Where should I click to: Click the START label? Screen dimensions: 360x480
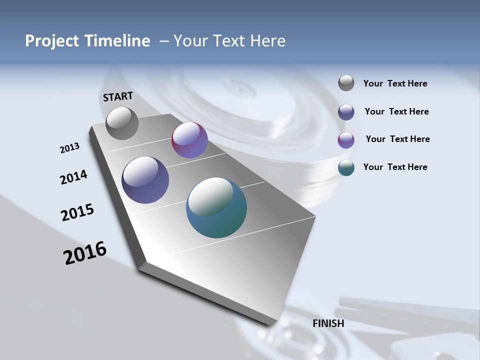click(x=118, y=96)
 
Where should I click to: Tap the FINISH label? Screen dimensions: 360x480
click(x=328, y=323)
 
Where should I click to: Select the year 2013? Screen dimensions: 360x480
click(x=70, y=148)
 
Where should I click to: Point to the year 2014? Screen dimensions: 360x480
click(x=73, y=177)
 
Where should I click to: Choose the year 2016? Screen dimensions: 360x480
click(x=85, y=253)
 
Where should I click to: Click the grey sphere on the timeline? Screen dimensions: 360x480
click(x=122, y=123)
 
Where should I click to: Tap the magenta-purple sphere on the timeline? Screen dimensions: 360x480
click(x=189, y=140)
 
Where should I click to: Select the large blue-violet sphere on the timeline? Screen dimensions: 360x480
click(x=145, y=180)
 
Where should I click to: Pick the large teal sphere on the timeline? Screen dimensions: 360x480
click(x=216, y=207)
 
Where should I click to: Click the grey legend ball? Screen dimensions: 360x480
click(x=346, y=83)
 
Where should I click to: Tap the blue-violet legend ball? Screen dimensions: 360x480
click(x=346, y=112)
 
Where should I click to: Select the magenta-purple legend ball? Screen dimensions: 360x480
click(x=346, y=140)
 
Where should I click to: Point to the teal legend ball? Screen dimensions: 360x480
click(x=346, y=167)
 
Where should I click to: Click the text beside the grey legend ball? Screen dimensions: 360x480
click(x=395, y=84)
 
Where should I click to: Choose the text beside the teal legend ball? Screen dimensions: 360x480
click(x=395, y=167)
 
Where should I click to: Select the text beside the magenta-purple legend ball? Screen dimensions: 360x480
click(x=397, y=139)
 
